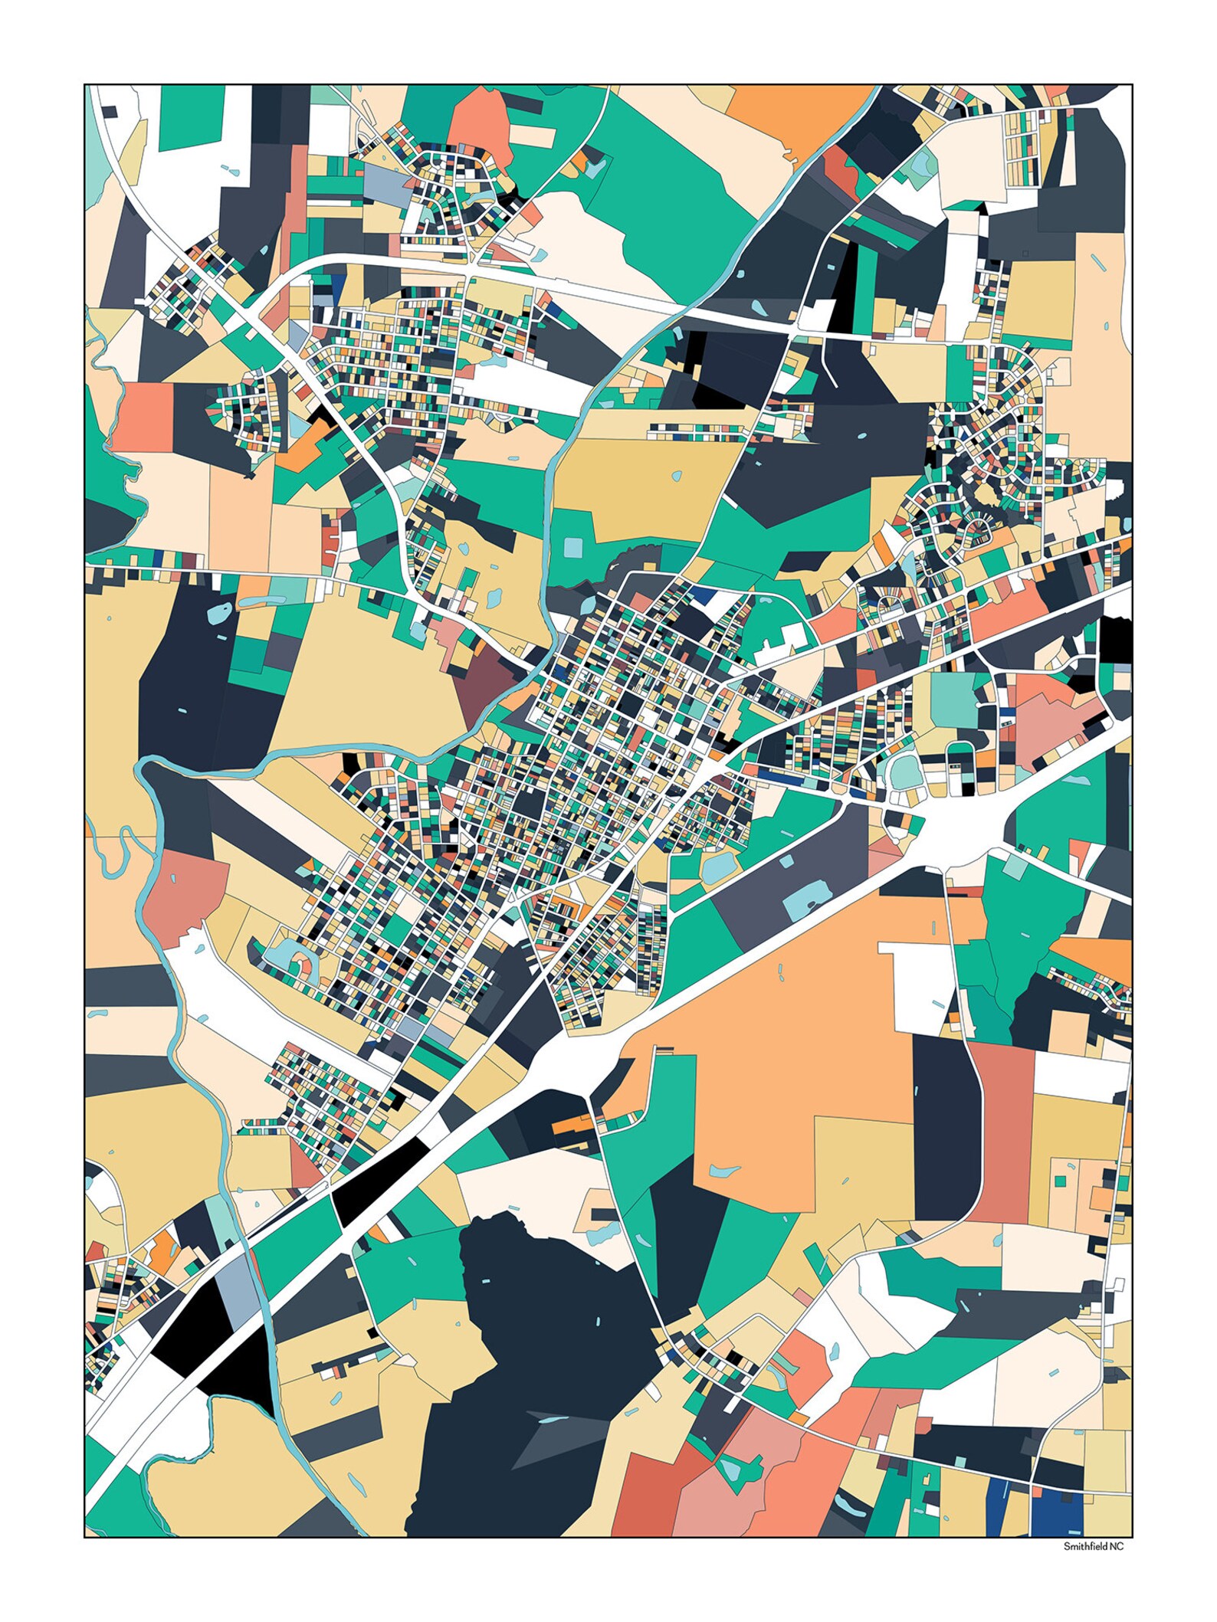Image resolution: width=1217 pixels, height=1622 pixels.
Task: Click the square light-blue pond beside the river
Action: click(573, 547)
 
